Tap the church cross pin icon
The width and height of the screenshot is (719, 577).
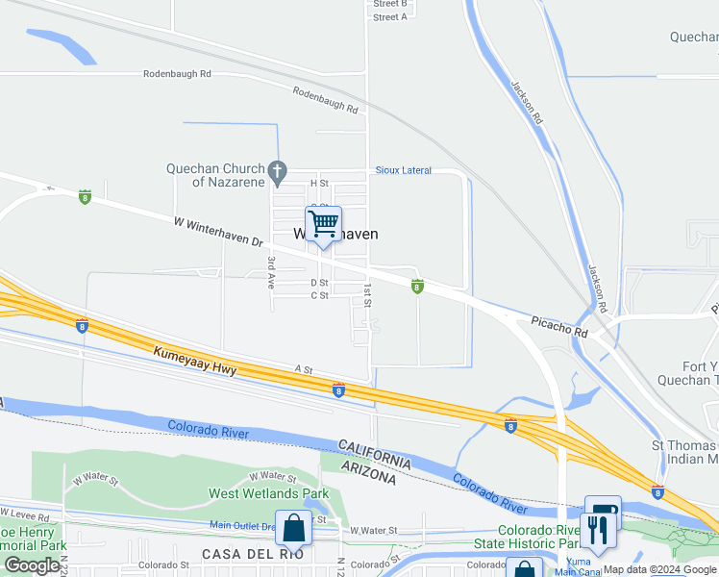pos(278,173)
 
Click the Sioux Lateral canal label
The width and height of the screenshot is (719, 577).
pos(403,170)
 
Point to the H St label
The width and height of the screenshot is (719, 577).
pos(319,183)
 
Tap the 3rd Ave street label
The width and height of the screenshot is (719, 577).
pos(272,274)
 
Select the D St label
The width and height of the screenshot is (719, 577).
pos(319,283)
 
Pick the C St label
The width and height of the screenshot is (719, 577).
pos(319,295)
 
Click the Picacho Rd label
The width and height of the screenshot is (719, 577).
pos(558,325)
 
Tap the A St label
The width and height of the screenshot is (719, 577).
pos(304,368)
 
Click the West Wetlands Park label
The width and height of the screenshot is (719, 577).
pos(263,494)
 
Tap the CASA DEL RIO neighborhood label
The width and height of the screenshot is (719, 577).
pos(253,554)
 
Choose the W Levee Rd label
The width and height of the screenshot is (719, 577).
pos(25,517)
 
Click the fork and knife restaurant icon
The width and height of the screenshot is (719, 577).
pos(595,530)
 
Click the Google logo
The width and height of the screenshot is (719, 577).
pos(32,565)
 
